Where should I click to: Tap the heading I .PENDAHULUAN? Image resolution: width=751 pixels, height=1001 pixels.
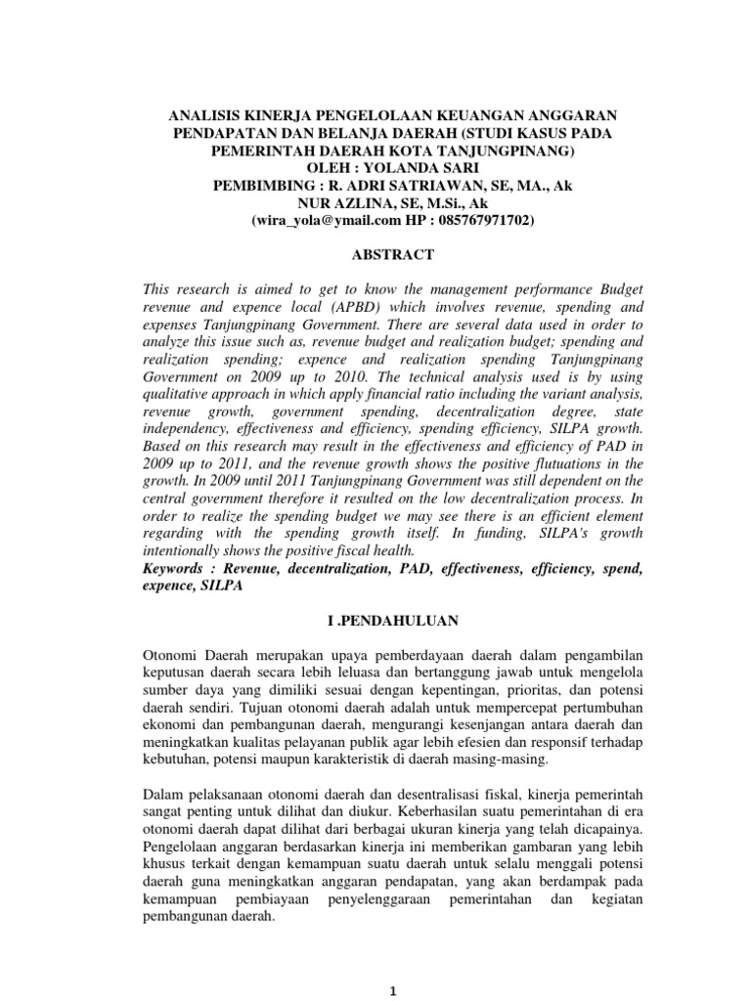[375, 620]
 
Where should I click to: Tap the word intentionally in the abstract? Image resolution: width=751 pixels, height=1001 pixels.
[179, 550]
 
